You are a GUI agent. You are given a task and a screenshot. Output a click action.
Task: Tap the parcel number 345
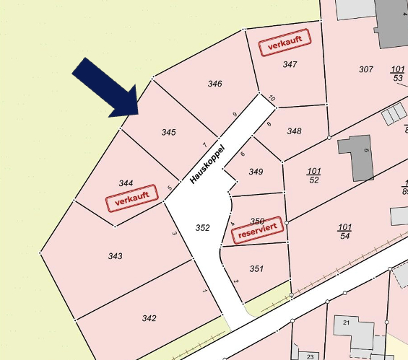click(x=168, y=132)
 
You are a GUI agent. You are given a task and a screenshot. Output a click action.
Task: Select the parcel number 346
click(x=214, y=84)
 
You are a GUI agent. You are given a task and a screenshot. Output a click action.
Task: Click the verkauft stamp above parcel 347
click(x=285, y=43)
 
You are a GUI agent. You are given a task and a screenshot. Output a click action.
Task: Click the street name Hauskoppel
click(x=207, y=164)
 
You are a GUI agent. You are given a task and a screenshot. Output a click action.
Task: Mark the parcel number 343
click(x=115, y=256)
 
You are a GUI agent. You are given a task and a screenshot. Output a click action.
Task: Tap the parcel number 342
click(x=149, y=318)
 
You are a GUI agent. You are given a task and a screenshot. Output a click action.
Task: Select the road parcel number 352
click(x=203, y=228)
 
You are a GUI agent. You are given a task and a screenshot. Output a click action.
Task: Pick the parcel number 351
click(x=256, y=268)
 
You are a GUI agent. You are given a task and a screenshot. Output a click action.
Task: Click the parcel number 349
click(x=256, y=172)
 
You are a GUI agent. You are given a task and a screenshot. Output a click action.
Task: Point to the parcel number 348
click(x=294, y=131)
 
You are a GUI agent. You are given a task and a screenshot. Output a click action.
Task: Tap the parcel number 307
click(x=365, y=69)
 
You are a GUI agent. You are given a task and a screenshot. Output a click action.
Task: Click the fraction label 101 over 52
click(x=313, y=175)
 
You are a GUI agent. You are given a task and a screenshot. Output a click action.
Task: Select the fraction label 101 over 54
click(x=344, y=232)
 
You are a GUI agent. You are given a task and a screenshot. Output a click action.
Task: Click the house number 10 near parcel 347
click(x=272, y=98)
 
